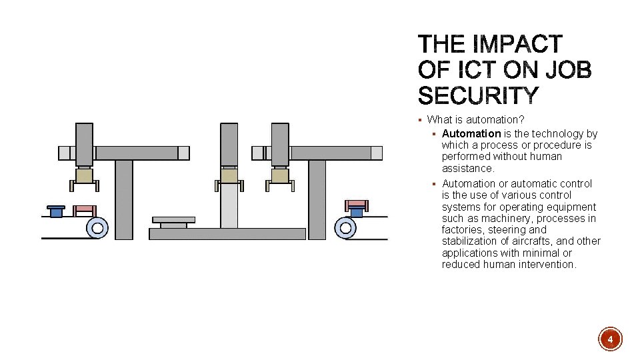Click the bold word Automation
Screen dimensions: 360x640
click(471, 133)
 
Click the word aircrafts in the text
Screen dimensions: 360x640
click(531, 241)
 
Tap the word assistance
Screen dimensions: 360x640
click(468, 168)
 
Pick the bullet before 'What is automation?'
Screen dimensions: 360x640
click(420, 120)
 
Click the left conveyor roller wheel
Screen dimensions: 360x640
click(97, 228)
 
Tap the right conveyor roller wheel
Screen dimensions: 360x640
click(345, 228)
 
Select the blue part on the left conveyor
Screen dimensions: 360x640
click(56, 211)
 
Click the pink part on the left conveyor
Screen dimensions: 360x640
click(84, 209)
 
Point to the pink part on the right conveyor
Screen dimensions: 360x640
click(357, 203)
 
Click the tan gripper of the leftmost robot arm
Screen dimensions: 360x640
click(84, 176)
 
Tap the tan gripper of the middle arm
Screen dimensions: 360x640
click(229, 176)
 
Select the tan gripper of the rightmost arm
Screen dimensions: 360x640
click(280, 176)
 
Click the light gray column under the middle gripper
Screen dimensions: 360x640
click(229, 207)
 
